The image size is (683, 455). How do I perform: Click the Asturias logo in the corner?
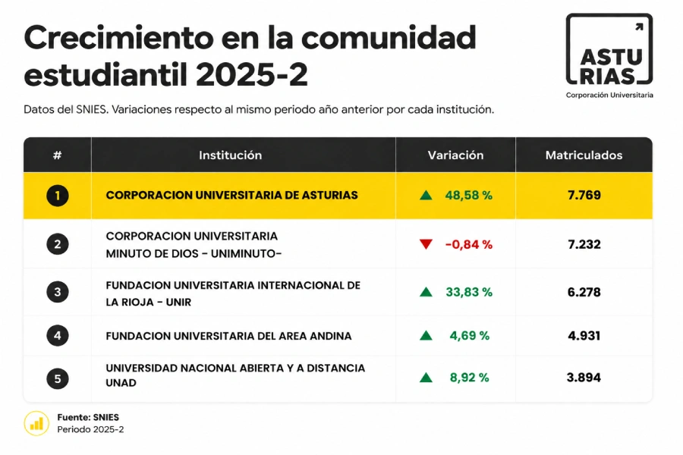609,55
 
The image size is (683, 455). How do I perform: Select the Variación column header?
455,155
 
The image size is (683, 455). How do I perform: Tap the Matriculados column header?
584,155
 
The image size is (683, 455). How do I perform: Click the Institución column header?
231,155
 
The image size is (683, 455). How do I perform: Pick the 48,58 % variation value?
469,196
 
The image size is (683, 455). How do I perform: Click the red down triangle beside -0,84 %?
426,244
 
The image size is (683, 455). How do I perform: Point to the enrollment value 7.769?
584,195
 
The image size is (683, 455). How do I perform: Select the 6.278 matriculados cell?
584,292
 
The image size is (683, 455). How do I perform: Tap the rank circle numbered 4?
58,336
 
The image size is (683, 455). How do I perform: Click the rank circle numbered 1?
58,196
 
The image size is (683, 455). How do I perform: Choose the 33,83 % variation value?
469,292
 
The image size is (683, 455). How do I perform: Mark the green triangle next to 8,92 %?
426,378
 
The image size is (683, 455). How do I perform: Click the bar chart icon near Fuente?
36,423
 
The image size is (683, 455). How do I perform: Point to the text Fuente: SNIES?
88,417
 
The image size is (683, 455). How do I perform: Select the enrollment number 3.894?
584,378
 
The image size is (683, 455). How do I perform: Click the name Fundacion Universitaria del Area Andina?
228,336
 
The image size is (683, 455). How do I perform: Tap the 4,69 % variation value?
470,336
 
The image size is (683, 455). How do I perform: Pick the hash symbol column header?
57,155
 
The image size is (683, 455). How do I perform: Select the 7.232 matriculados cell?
584,244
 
